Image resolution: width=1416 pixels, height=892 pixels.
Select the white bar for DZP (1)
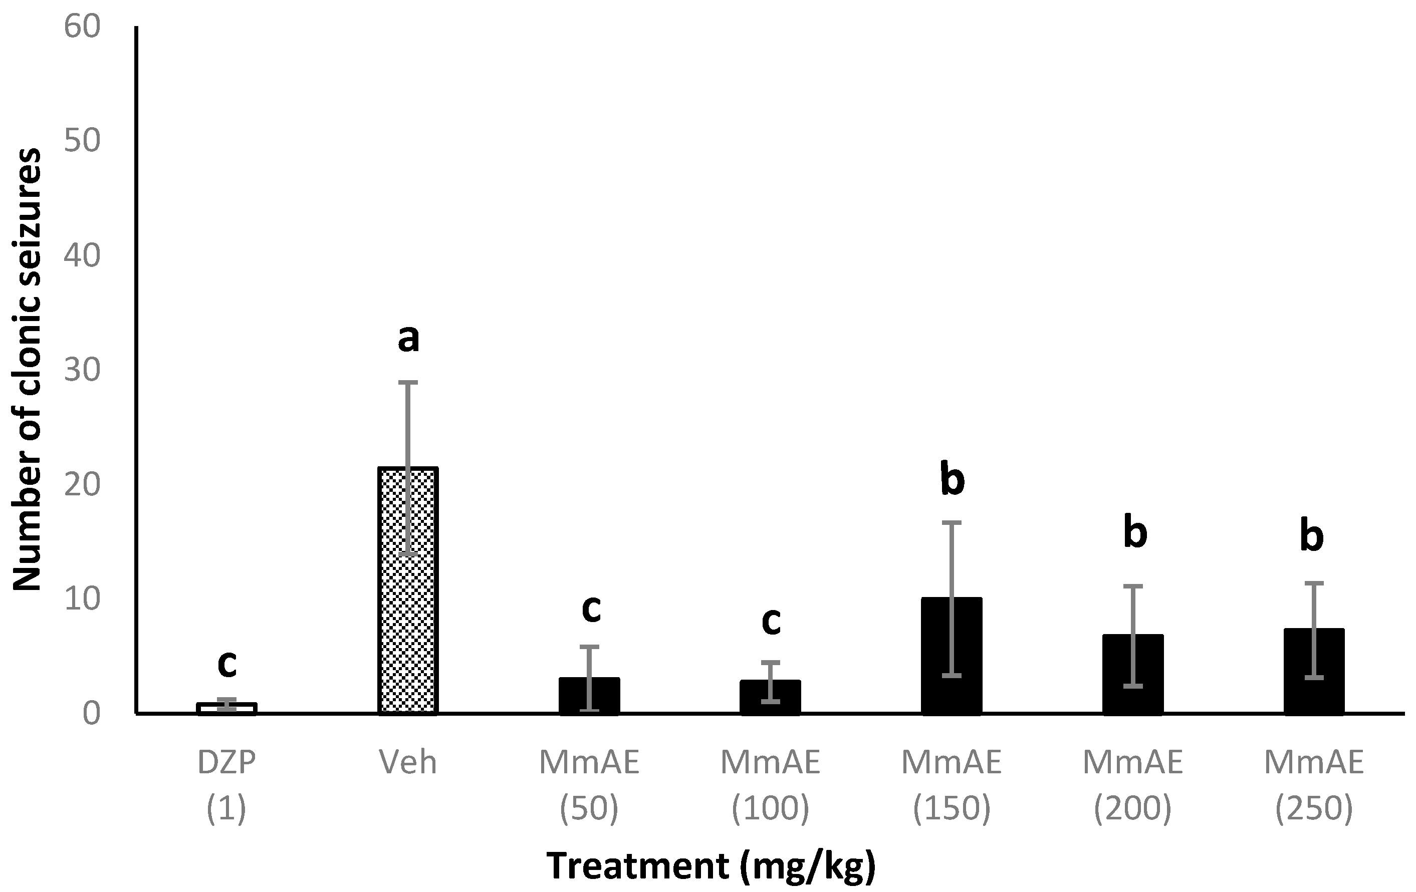pos(226,708)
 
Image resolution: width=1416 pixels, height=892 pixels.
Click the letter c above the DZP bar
pos(226,664)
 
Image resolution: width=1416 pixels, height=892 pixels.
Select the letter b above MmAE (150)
pos(952,479)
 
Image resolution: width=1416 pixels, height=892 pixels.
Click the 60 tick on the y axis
pos(82,27)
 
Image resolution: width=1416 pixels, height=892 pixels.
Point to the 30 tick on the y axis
pos(82,370)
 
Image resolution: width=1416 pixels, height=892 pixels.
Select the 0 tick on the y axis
pos(91,715)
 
